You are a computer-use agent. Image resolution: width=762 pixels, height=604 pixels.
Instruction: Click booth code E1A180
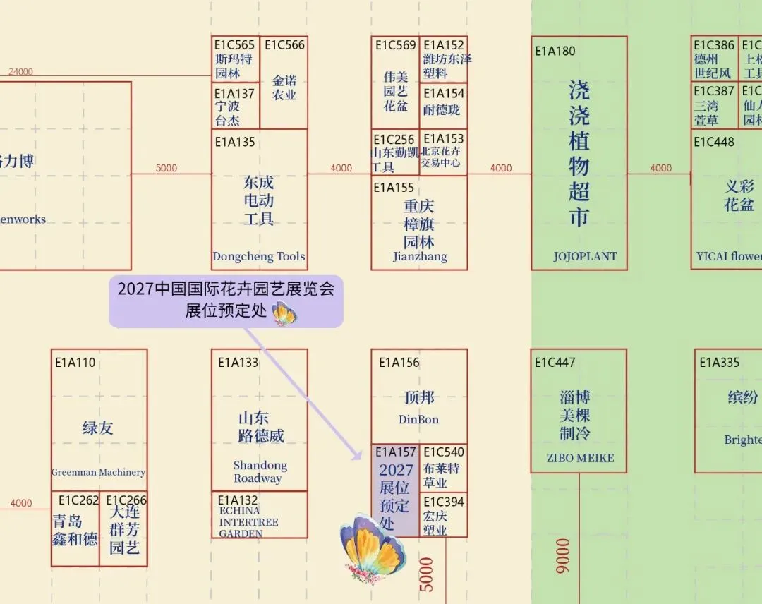pos(555,51)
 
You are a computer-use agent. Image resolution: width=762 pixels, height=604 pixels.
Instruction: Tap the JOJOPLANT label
pos(585,257)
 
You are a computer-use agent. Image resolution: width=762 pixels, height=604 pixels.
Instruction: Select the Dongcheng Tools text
pos(259,257)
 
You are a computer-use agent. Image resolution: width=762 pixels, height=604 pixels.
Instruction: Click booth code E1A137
pos(234,93)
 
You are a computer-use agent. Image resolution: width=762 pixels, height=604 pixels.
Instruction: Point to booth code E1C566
pos(285,45)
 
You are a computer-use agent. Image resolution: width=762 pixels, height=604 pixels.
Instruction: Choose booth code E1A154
pos(444,93)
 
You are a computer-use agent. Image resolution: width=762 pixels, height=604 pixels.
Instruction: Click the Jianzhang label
pos(420,257)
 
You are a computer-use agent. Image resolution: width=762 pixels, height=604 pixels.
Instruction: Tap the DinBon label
pos(418,420)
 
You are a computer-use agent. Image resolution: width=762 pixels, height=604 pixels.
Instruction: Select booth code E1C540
pos(444,452)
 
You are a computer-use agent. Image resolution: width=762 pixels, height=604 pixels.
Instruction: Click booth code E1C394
pos(444,502)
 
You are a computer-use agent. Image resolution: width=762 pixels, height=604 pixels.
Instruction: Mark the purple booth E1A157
pos(395,490)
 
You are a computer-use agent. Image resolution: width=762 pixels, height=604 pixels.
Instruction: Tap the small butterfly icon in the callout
pos(284,313)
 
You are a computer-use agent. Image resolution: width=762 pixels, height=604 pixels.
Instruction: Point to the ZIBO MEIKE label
pos(580,458)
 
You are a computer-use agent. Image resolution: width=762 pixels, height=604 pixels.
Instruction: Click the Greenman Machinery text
pos(98,472)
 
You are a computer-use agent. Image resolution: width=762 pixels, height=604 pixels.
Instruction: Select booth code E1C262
pos(78,500)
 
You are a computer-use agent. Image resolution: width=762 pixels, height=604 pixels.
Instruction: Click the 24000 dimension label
pos(20,72)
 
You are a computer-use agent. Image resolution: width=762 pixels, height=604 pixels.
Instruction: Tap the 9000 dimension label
pos(563,556)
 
